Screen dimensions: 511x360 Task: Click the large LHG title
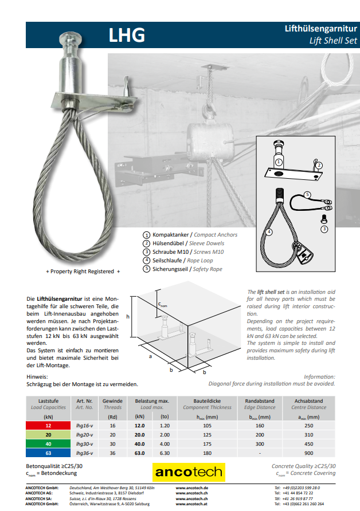click(127, 36)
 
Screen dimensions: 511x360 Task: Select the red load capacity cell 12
click(48, 426)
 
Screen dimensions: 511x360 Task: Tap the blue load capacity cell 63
click(48, 453)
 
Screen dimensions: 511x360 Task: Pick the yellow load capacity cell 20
click(48, 435)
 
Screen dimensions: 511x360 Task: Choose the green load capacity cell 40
click(48, 444)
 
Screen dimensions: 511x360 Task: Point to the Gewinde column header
click(112, 401)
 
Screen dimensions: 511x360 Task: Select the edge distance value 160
click(260, 426)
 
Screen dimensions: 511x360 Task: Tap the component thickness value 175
click(208, 444)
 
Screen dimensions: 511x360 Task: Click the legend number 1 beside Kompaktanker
click(147, 235)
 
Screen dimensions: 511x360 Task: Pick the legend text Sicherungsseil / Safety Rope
click(187, 269)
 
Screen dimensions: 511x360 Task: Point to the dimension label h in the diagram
click(128, 316)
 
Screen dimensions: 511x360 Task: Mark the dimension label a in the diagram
click(150, 356)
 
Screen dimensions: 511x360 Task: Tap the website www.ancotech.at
click(191, 504)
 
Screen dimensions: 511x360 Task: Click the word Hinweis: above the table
click(37, 376)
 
